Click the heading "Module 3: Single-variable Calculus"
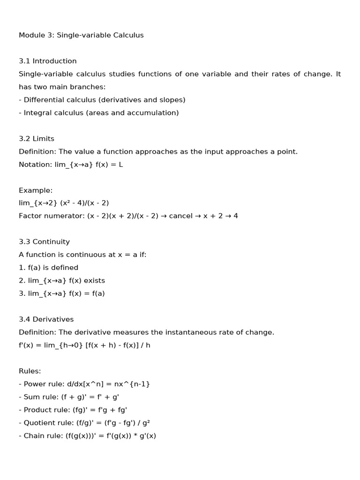point(81,35)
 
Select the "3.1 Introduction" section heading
point(47,61)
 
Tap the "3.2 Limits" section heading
point(37,139)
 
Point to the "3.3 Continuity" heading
point(44,242)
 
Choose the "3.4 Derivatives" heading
point(46,319)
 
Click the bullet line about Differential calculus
point(102,100)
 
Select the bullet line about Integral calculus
point(98,113)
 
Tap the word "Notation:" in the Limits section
point(35,165)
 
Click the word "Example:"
point(36,190)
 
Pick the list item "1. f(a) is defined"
point(48,268)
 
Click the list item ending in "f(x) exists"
point(62,281)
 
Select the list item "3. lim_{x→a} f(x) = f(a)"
point(62,293)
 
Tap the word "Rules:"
point(30,371)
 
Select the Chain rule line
point(87,435)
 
